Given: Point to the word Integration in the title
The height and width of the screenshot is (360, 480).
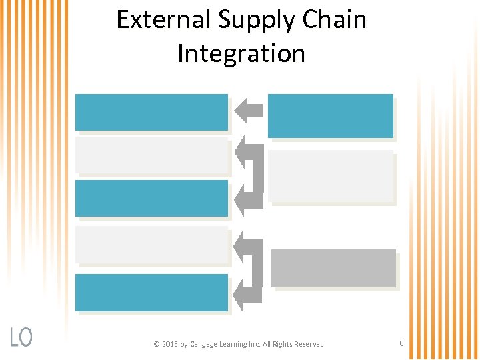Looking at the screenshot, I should [x=241, y=54].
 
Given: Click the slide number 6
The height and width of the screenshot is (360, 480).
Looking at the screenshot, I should [x=401, y=343].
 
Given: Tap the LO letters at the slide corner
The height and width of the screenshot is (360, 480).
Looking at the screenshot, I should [x=21, y=337].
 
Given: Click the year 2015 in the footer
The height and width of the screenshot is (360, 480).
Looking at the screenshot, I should [x=171, y=344].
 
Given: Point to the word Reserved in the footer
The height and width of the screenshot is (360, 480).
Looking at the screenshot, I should [x=310, y=344].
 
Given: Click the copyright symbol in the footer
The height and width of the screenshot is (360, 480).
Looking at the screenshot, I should [x=156, y=344].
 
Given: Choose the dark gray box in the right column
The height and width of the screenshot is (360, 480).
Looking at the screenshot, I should [x=333, y=268].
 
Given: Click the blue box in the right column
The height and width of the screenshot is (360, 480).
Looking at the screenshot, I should [x=331, y=115].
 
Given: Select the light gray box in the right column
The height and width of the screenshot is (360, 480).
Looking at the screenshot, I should [x=331, y=175].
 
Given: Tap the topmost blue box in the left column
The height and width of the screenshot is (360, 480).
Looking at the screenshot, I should [x=151, y=112].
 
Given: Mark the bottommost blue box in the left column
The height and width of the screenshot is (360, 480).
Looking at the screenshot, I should [x=151, y=292].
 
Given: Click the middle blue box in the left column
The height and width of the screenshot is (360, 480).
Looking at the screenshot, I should [x=151, y=198].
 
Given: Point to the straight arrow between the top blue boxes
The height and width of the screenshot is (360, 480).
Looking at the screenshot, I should [x=249, y=110].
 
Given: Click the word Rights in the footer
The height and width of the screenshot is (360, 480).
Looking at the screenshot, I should [x=283, y=344].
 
